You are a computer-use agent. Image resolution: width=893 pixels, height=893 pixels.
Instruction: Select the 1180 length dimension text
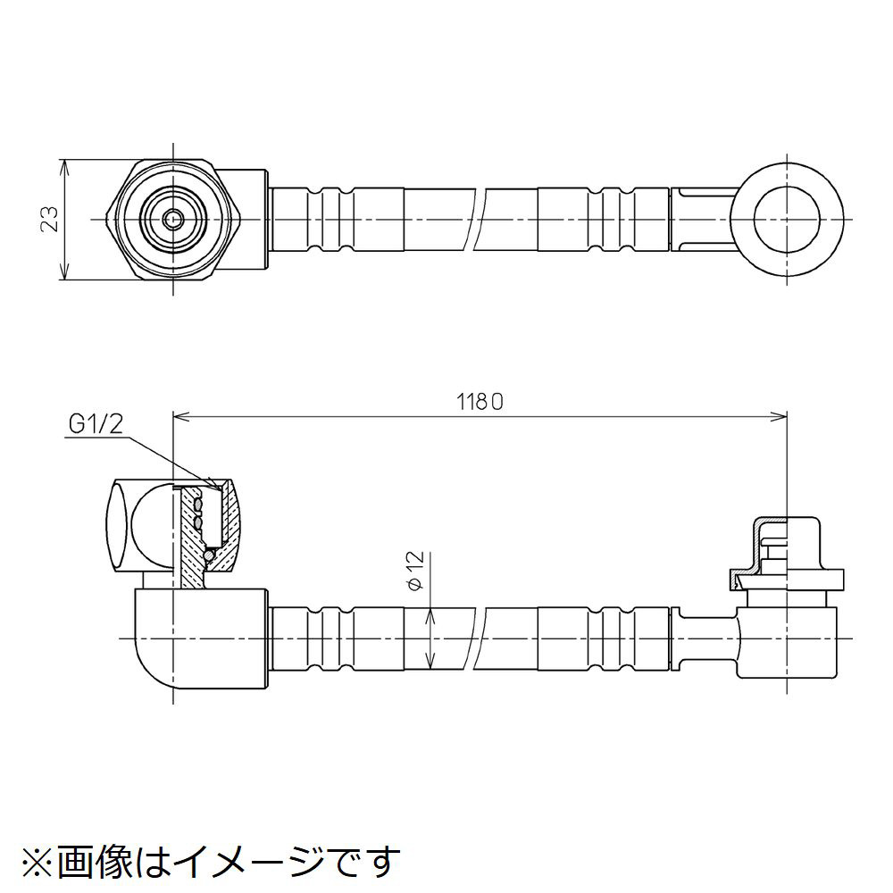click(483, 402)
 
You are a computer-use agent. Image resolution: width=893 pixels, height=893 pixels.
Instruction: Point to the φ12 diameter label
click(413, 570)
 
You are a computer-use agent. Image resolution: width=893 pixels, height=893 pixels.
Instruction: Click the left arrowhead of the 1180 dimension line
click(179, 415)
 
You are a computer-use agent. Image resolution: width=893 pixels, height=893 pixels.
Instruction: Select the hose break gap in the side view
click(478, 639)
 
